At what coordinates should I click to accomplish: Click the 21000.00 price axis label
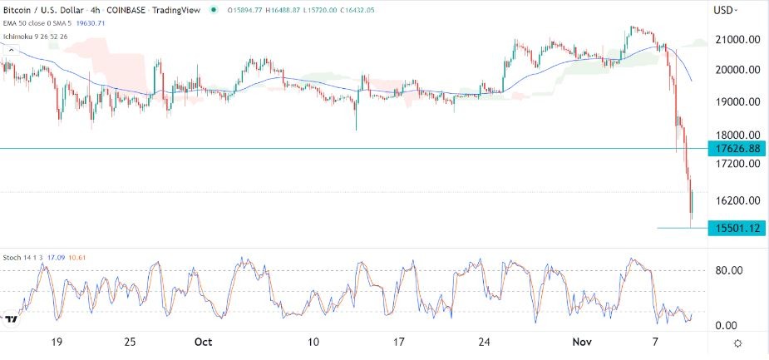(733, 39)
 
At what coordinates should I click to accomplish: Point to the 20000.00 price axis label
(733, 71)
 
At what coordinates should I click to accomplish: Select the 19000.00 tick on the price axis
(733, 102)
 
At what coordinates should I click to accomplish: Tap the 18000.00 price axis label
(733, 135)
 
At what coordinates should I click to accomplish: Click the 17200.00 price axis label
(733, 165)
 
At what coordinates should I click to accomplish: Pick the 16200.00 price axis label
(733, 200)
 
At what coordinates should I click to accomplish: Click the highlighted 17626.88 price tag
(732, 149)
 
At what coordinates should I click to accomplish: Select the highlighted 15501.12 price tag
(732, 228)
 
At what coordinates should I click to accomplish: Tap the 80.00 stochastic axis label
(729, 269)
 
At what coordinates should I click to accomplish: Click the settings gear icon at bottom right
(738, 343)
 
